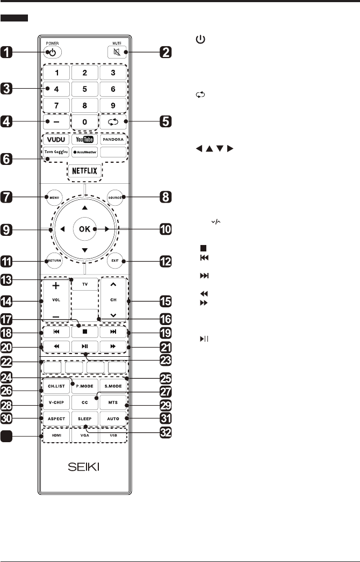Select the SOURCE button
(x=116, y=197)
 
